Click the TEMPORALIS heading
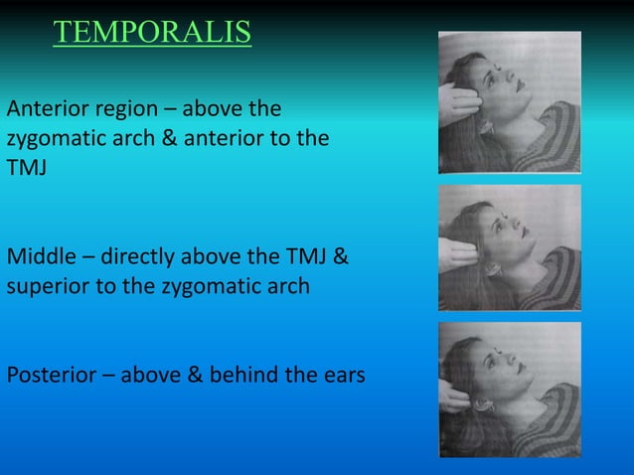coord(152,33)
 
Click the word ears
coord(344,376)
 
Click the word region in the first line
coord(119,107)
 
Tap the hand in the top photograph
coord(459,104)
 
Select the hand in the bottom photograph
coord(455,395)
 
